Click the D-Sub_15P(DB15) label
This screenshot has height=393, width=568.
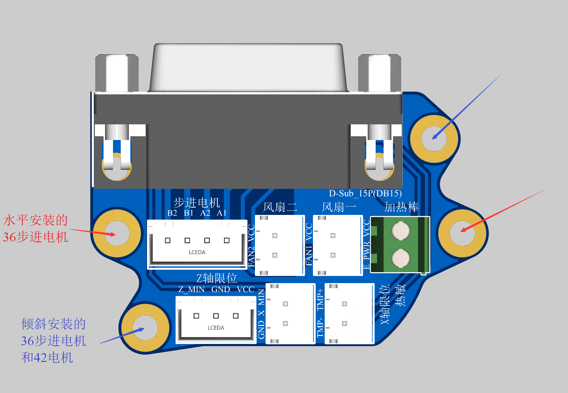pos(365,194)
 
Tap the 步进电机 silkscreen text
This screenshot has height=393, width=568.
pos(197,202)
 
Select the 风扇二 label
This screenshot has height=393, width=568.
pos(280,207)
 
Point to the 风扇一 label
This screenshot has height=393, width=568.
pos(339,207)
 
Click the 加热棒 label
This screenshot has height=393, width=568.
pos(401,207)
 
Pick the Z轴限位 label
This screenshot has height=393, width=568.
pos(217,278)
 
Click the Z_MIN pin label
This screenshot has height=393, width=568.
pos(191,289)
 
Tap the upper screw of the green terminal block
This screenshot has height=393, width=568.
pos(400,231)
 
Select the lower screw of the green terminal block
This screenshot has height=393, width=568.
pos(400,258)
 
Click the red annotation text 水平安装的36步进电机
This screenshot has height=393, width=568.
pos(35,229)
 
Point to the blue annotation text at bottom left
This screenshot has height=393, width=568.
pos(53,341)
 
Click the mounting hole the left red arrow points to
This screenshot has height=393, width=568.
pos(117,233)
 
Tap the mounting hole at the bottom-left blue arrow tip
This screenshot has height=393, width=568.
pos(145,328)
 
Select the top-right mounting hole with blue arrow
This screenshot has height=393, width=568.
pos(434,139)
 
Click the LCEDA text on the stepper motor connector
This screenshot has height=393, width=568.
pos(197,252)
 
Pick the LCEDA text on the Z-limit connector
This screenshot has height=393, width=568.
pos(216,328)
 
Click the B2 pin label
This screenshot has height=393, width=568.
pos(172,213)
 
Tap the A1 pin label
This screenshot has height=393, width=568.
pos(221,213)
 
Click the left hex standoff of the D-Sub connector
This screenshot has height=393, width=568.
pos(117,73)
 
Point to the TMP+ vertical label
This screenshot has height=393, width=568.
pos(320,300)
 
